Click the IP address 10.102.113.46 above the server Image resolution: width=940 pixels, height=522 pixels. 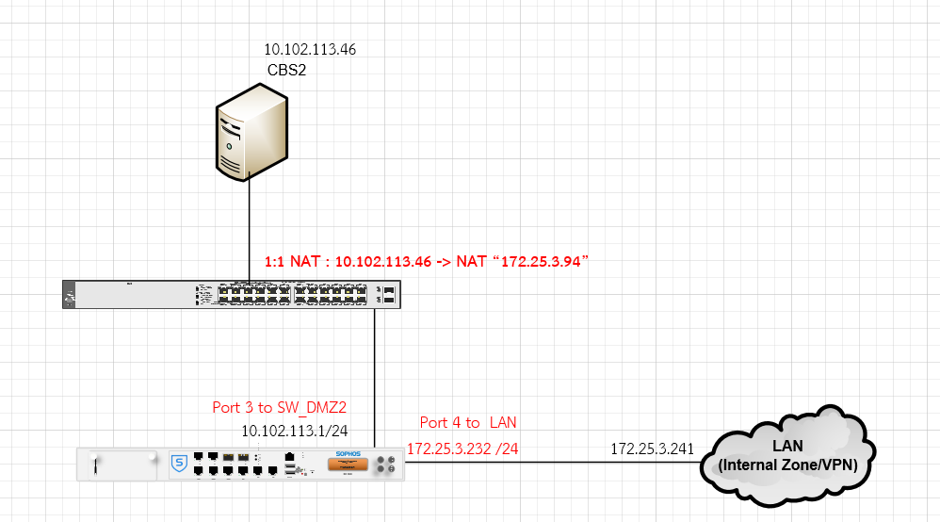coord(310,49)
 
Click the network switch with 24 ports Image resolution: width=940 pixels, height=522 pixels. coord(231,294)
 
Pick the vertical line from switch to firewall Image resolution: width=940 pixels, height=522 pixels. coord(375,377)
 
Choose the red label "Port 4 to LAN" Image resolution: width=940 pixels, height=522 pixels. coord(468,422)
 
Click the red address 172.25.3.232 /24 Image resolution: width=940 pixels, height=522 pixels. coord(462,448)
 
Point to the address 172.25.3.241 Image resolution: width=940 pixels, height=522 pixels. coord(653,448)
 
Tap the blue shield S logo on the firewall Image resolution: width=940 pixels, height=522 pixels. coord(178,463)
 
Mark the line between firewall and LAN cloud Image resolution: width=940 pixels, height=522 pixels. coord(556,463)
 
